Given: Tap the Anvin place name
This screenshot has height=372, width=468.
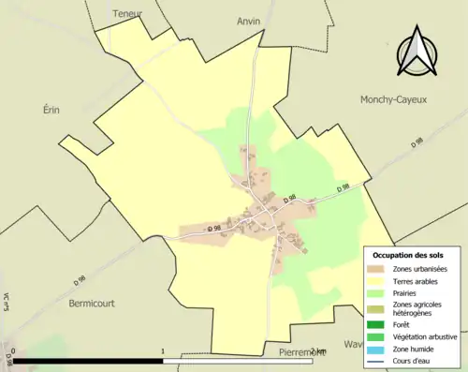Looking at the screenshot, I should pyautogui.click(x=248, y=20).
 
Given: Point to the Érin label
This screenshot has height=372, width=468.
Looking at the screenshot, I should pyautogui.click(x=51, y=110).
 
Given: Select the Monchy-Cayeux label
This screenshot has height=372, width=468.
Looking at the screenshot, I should pyautogui.click(x=393, y=98).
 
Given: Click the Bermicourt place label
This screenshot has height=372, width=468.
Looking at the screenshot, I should pyautogui.click(x=95, y=304).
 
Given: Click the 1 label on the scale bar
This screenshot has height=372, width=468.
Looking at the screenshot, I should pyautogui.click(x=163, y=351).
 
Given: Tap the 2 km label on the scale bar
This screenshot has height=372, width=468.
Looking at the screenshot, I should pyautogui.click(x=318, y=351).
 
